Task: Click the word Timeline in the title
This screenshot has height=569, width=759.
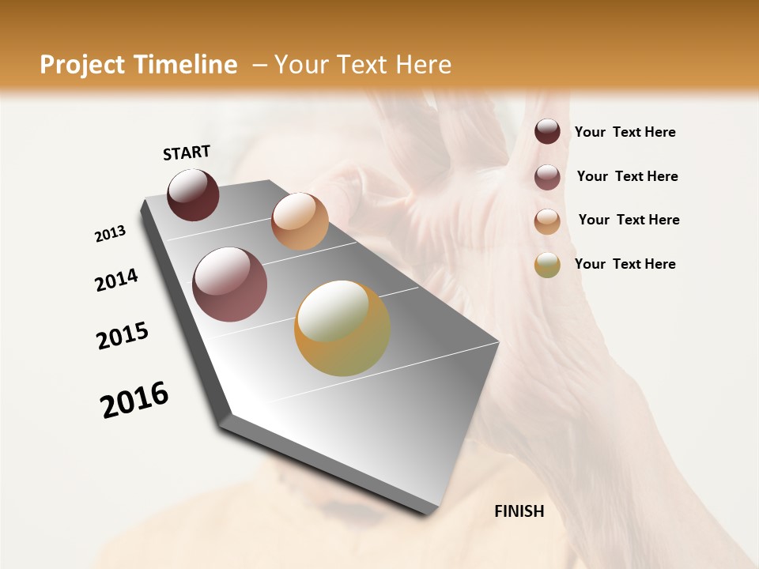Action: [187, 65]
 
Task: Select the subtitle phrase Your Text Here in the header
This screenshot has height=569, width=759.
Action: [362, 65]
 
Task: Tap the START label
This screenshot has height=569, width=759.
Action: [187, 153]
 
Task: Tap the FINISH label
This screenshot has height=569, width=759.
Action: [519, 511]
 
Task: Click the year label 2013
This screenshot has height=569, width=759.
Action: [110, 234]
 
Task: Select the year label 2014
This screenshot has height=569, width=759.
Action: [116, 280]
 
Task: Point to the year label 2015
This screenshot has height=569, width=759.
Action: [123, 336]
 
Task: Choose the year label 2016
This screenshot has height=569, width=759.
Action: [134, 399]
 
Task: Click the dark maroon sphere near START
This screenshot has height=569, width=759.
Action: [193, 194]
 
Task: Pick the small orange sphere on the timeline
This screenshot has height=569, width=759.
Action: [300, 220]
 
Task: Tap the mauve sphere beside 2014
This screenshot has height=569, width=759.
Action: [230, 284]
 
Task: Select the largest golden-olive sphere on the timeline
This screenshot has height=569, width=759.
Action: [342, 328]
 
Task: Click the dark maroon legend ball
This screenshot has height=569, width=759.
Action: [547, 132]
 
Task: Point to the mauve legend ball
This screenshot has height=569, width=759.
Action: [547, 177]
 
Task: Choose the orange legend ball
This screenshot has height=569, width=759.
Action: [547, 221]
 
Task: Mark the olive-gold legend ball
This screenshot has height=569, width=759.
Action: [547, 265]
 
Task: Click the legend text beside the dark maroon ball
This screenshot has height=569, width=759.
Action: [625, 133]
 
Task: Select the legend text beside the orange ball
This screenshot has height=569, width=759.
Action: [629, 220]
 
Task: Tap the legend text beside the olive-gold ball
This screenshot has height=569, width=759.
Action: [625, 264]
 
